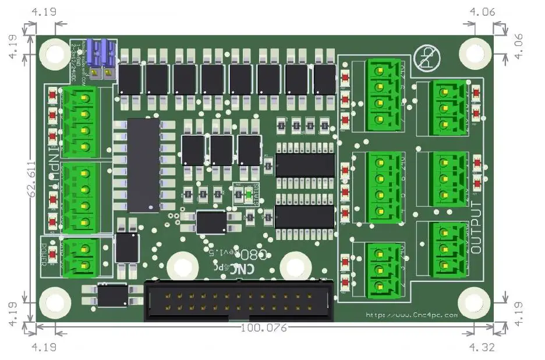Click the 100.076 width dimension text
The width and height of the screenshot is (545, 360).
click(x=264, y=328)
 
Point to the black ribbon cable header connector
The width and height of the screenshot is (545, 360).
click(x=239, y=301)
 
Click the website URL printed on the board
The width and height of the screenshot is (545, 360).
click(x=412, y=315)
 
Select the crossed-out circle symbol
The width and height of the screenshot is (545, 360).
click(x=427, y=59)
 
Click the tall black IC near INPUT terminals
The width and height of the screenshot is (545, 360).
click(x=143, y=165)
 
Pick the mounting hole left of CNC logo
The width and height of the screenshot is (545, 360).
click(x=181, y=267)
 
